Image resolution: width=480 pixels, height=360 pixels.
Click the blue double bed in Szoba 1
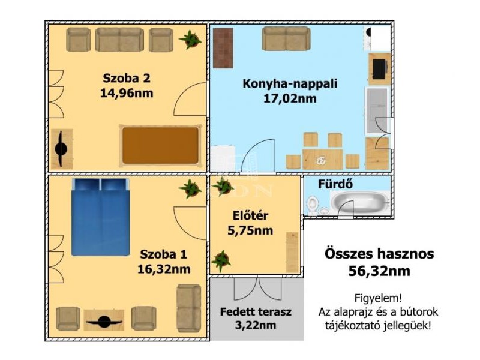tap(100, 217)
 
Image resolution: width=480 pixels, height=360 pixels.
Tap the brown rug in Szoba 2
tap(160, 146)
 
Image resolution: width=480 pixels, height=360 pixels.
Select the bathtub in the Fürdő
tap(360, 202)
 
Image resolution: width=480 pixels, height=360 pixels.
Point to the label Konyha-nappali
tap(290, 83)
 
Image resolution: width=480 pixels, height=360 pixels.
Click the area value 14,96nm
tap(127, 93)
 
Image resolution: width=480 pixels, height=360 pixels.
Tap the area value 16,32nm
tap(164, 269)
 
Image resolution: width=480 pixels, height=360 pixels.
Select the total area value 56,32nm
tap(379, 271)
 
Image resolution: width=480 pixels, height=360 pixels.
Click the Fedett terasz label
tap(256, 311)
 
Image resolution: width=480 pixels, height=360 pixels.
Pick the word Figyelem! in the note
tap(378, 298)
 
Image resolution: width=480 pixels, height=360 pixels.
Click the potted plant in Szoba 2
tap(190, 40)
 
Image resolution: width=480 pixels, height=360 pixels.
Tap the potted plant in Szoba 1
tap(190, 188)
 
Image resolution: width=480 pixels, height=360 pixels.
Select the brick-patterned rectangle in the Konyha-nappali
tap(223, 48)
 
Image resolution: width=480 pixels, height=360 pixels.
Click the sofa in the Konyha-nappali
tap(286, 38)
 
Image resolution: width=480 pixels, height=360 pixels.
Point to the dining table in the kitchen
tap(322, 159)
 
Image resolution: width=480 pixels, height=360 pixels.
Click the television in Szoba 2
tap(62, 149)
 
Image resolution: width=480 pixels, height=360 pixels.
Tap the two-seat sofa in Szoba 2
tap(119, 40)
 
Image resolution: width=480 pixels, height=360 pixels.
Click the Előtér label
tap(250, 215)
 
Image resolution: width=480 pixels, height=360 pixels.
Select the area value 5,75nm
tap(250, 230)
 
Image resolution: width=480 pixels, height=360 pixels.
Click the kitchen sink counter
tap(377, 110)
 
